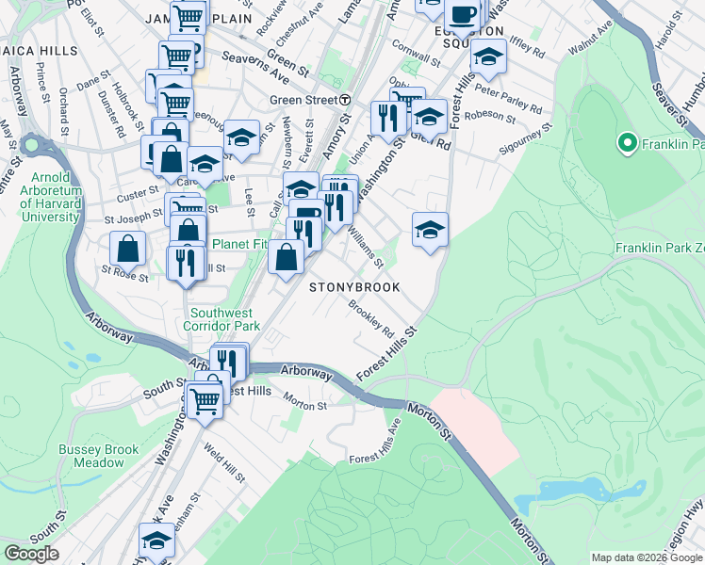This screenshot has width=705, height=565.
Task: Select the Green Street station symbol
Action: [346, 99]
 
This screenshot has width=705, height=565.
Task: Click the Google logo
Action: [31, 554]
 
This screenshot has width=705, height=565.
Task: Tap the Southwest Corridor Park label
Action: [224, 319]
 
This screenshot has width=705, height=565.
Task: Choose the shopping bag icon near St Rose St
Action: [128, 250]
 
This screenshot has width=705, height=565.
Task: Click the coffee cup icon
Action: [462, 14]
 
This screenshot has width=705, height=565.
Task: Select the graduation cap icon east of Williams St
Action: [429, 229]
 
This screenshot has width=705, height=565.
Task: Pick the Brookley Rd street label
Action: [370, 319]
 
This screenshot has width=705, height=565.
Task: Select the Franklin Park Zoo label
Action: [659, 248]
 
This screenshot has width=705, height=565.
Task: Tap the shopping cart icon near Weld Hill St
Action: [205, 399]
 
